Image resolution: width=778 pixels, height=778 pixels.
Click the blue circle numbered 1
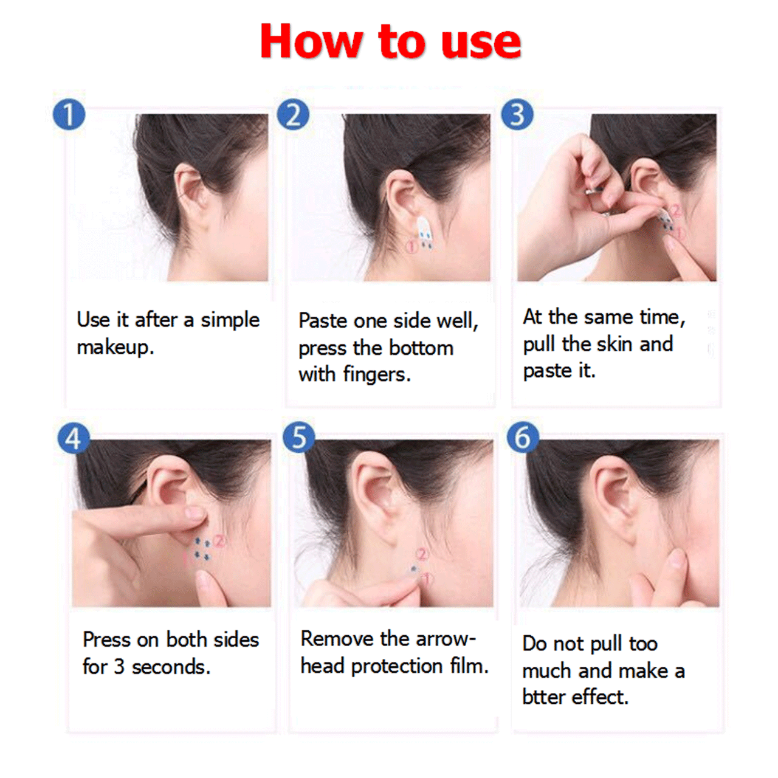(69, 114)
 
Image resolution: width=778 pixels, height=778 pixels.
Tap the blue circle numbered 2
(293, 114)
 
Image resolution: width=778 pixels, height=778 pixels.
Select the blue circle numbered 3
(517, 114)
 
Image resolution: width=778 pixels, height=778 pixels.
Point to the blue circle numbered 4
(74, 438)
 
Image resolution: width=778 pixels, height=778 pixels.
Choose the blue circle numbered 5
(299, 438)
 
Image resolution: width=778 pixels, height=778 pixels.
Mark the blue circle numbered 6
(523, 438)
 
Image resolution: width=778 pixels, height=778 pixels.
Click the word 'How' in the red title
(311, 41)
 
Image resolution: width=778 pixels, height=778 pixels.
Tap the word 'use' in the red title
(481, 45)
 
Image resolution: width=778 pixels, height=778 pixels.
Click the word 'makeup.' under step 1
(115, 348)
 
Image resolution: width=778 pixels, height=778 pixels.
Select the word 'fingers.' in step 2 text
(377, 374)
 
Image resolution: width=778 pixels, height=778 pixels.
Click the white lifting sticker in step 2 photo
(424, 232)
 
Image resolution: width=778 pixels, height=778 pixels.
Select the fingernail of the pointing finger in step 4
(195, 513)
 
